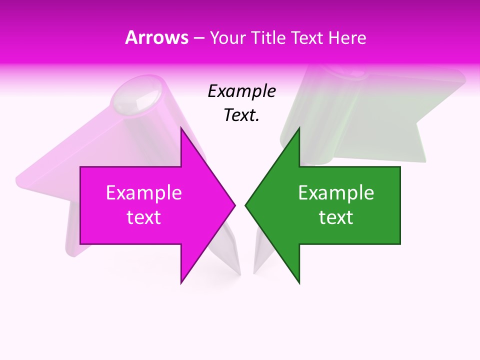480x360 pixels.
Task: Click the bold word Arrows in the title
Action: click(x=157, y=37)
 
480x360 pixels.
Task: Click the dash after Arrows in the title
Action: click(x=198, y=38)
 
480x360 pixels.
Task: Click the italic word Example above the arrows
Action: click(x=241, y=91)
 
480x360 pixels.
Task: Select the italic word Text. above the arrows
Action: click(x=241, y=115)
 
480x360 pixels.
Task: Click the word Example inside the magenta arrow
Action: click(x=143, y=193)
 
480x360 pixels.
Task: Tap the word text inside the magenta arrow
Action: click(x=143, y=217)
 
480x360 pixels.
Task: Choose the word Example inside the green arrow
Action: click(x=336, y=193)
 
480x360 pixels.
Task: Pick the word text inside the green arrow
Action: click(x=336, y=217)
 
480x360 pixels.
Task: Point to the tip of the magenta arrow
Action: click(x=235, y=205)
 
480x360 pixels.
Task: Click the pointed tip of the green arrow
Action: click(x=245, y=205)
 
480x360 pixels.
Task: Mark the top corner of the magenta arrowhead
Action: click(x=181, y=128)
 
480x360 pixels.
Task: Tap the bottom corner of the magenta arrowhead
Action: click(x=181, y=283)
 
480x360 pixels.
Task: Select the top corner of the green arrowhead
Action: click(x=299, y=128)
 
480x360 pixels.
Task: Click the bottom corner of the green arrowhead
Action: click(x=299, y=283)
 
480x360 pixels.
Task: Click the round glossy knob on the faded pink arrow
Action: click(x=136, y=97)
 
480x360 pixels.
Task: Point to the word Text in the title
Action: click(x=307, y=37)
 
